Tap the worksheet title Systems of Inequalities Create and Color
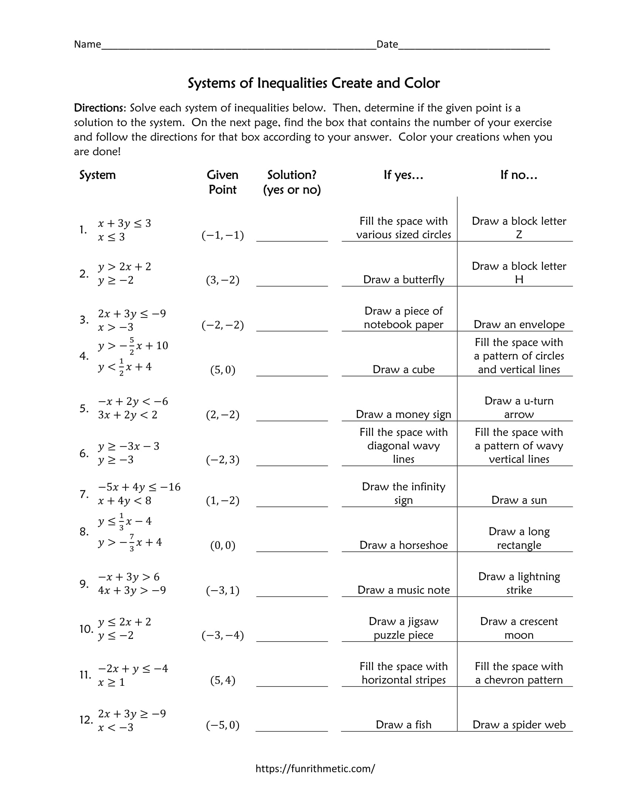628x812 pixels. [x=314, y=83]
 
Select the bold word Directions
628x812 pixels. [x=100, y=108]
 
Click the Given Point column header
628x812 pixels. [x=222, y=182]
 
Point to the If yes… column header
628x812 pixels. [x=403, y=175]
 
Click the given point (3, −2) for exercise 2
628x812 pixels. [x=222, y=280]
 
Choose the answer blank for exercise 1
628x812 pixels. [x=292, y=237]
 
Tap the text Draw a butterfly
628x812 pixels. [x=403, y=280]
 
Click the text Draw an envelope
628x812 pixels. [x=519, y=324]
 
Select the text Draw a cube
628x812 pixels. [x=403, y=369]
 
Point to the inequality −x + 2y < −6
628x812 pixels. [x=133, y=402]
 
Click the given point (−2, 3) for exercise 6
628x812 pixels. [x=222, y=460]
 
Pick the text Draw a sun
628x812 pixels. [x=519, y=500]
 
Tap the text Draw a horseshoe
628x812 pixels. [x=403, y=545]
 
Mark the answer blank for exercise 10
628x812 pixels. [x=292, y=637]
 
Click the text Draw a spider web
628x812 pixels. [x=519, y=725]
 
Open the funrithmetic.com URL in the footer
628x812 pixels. [x=315, y=768]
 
